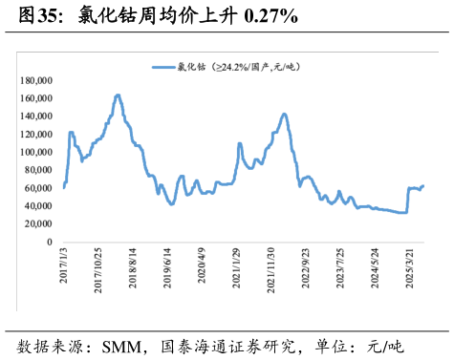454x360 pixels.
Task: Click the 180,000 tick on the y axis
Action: (x=37, y=80)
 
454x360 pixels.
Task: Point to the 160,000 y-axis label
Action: (x=37, y=98)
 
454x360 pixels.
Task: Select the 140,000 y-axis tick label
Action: (x=37, y=116)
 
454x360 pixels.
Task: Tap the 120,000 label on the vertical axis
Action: (x=37, y=135)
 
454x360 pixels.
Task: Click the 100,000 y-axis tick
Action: (x=37, y=153)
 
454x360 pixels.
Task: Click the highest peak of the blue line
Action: (x=118, y=95)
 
